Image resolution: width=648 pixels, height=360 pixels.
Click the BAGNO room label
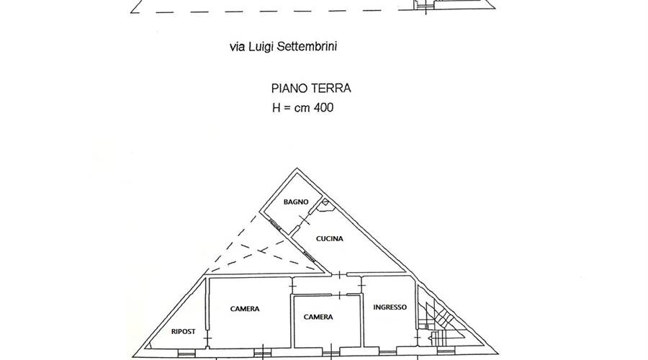point(296,202)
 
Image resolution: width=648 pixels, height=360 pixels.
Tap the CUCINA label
point(329,238)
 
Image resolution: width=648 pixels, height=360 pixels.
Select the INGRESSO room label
point(390,307)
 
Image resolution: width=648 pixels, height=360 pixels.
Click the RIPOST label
point(184,331)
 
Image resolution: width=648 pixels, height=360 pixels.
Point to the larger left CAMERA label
point(245,308)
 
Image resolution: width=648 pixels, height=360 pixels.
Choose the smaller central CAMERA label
point(318,317)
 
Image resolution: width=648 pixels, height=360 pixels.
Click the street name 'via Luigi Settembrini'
point(283,46)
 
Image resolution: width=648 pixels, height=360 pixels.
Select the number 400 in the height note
point(323,108)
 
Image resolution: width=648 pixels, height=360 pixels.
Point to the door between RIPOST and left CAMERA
point(207,338)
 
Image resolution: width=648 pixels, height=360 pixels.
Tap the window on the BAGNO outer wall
point(274,225)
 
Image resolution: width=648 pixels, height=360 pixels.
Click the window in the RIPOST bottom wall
point(185,353)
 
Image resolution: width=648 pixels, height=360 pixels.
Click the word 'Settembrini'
point(311,46)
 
